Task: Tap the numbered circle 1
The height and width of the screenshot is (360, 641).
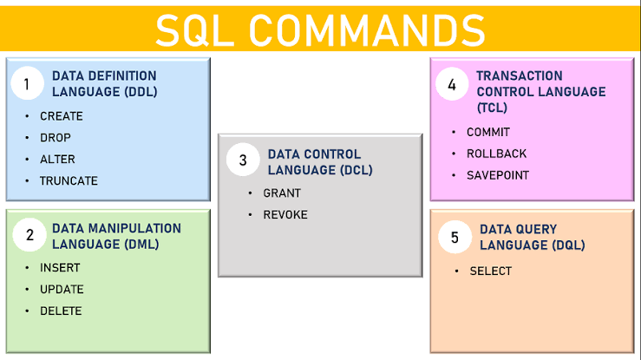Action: [x=27, y=84]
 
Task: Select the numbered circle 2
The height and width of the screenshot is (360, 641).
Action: [x=29, y=235]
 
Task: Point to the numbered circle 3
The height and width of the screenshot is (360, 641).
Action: [x=243, y=160]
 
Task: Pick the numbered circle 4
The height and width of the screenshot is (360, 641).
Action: [x=452, y=85]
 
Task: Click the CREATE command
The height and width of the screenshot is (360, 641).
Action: [x=62, y=116]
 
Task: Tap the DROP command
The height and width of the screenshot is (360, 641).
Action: [x=56, y=138]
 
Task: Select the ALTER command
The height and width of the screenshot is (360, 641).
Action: [x=57, y=160]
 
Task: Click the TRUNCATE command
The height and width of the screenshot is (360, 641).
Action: [x=69, y=181]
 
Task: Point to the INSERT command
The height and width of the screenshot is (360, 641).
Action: [x=60, y=268]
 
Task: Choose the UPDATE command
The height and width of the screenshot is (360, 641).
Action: [x=62, y=290]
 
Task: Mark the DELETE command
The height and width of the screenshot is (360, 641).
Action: [x=61, y=311]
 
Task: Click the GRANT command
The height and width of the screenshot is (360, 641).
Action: [x=282, y=193]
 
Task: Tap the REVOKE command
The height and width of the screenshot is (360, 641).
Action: [x=285, y=215]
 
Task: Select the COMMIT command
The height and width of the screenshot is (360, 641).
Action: [x=488, y=133]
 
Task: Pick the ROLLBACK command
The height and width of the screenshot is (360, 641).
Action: [x=496, y=154]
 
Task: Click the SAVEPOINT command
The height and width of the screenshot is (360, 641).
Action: [x=498, y=175]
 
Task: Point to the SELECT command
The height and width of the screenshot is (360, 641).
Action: [x=491, y=272]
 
